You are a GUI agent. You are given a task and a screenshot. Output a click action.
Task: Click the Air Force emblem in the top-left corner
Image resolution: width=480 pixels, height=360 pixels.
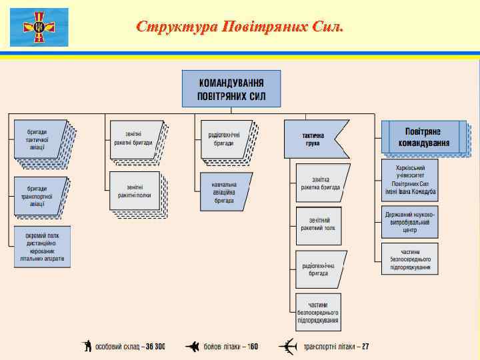point(39,27)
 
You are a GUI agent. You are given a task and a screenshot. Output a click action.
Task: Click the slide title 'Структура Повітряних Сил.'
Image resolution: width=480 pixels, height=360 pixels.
point(240,27)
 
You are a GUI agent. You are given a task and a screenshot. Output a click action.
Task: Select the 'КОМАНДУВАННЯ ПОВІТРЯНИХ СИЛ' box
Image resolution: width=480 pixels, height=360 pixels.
point(231,89)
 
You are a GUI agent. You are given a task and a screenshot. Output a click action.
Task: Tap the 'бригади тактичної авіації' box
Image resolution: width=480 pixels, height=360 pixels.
point(37,138)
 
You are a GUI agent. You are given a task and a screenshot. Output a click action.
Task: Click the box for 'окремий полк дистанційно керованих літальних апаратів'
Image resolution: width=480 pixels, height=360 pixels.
point(42,247)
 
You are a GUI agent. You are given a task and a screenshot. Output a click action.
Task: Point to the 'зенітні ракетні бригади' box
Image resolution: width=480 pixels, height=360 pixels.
point(134,138)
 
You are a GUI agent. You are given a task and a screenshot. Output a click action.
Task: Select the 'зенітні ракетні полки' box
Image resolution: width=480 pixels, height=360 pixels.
point(134,191)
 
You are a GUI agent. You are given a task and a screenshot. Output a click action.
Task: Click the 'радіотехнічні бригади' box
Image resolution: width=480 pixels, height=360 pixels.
point(225,139)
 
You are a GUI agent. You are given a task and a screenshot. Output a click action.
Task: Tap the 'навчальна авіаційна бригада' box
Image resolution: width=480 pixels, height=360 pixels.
point(224,191)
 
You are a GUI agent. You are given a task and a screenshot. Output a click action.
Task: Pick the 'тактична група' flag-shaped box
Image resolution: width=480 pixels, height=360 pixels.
point(313,139)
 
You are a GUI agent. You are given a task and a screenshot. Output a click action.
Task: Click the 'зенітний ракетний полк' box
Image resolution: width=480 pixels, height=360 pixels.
point(317,225)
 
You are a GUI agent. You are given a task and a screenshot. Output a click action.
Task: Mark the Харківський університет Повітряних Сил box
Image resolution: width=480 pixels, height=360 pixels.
point(410,180)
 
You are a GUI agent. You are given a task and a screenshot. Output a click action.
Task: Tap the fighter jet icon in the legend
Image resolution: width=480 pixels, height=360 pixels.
point(191,347)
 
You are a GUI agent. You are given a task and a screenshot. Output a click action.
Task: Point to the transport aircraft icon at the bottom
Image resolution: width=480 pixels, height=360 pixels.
point(288,347)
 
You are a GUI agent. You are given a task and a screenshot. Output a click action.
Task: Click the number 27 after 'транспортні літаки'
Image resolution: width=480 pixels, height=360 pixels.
point(365,347)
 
